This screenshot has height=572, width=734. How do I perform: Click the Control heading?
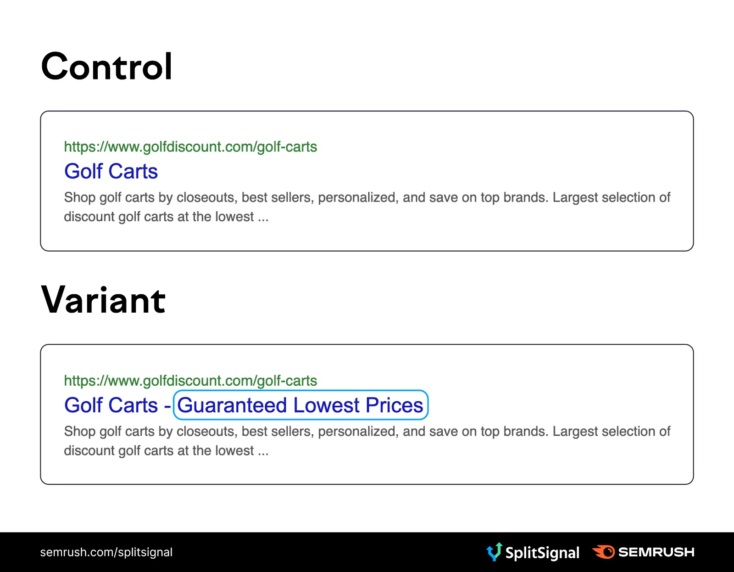[106, 67]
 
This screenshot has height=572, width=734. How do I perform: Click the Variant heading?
[103, 300]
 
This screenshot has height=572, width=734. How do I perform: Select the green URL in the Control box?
[190, 147]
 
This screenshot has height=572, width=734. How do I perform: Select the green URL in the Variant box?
[190, 381]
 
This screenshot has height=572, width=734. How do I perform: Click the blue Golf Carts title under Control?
[111, 171]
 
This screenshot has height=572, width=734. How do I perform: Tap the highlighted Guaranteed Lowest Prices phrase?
[300, 405]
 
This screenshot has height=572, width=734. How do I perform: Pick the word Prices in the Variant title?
[395, 405]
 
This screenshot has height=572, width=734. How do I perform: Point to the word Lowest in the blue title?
[326, 405]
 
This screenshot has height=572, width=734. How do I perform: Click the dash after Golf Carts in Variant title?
[167, 406]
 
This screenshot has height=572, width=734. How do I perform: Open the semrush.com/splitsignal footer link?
[106, 552]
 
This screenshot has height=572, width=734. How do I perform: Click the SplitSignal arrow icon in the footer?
[495, 552]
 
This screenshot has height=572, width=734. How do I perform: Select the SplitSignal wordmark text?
[542, 553]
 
